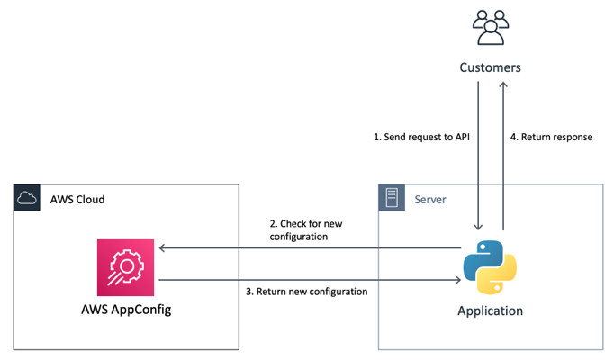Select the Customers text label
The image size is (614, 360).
(x=490, y=67)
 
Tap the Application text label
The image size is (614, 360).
(x=490, y=311)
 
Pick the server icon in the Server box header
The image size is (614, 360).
(x=392, y=197)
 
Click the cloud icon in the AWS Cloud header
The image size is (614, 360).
(x=28, y=198)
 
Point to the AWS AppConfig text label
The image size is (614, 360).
(x=126, y=311)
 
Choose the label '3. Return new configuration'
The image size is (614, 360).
(x=306, y=292)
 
